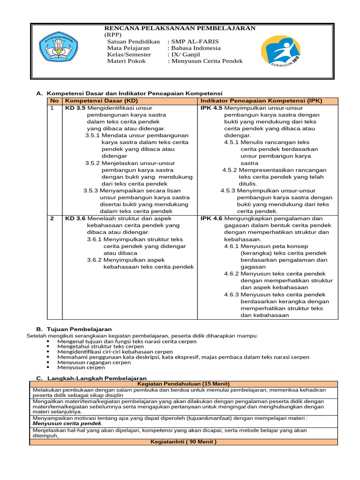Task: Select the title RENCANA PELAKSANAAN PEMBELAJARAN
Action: click(x=180, y=28)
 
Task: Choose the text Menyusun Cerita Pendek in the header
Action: click(x=207, y=61)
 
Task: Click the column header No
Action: click(x=54, y=101)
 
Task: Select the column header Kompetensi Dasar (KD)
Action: click(x=101, y=101)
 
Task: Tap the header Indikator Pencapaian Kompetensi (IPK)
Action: click(x=255, y=101)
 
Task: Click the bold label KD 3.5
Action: click(x=75, y=108)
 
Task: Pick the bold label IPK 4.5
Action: click(x=211, y=108)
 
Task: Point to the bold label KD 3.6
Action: click(x=75, y=218)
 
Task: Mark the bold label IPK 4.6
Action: click(x=211, y=218)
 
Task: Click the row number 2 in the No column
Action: click(x=52, y=218)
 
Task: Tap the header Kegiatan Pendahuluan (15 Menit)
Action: click(x=183, y=383)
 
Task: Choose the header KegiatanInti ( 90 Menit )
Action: click(x=183, y=442)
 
